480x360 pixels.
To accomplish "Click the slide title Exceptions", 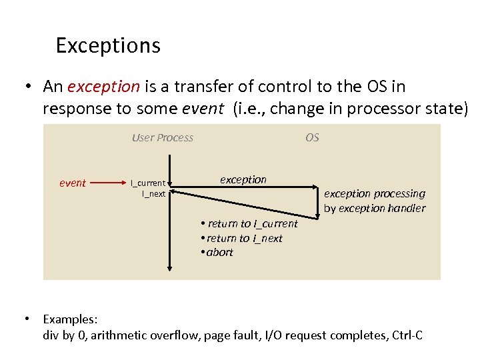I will [x=108, y=45].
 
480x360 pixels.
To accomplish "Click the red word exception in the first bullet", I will [x=103, y=87].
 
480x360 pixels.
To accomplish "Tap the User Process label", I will [x=163, y=138].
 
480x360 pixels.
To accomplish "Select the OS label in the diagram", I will [x=312, y=138].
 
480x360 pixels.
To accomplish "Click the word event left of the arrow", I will [x=73, y=183].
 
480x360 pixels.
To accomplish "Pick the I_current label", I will [x=148, y=183].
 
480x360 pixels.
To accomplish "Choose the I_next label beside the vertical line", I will [x=153, y=193].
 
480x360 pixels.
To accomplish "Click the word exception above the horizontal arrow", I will [x=243, y=179].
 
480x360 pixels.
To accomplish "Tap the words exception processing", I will [x=374, y=193].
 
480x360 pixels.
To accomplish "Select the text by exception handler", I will [x=374, y=208].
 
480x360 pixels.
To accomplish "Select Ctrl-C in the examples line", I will [x=407, y=335].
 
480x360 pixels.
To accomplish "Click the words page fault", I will [x=231, y=335].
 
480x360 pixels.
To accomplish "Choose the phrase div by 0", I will [x=64, y=335].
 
